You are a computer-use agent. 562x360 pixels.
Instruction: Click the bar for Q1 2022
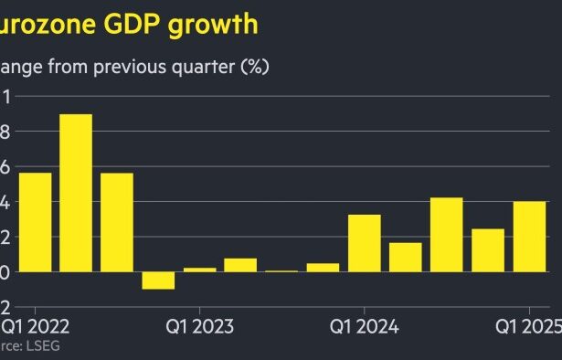(x=35, y=222)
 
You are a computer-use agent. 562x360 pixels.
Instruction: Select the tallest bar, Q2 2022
(x=76, y=193)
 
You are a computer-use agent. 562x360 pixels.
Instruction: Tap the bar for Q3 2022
(x=117, y=222)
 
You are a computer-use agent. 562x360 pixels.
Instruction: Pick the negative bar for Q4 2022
(x=158, y=281)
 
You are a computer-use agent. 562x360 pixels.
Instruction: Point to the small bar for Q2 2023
(x=240, y=265)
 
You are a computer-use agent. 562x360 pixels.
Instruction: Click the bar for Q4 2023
(x=323, y=267)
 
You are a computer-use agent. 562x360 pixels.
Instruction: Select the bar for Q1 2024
(x=365, y=243)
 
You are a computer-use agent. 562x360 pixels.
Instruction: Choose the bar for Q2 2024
(x=406, y=257)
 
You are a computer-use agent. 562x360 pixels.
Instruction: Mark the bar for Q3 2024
(x=446, y=235)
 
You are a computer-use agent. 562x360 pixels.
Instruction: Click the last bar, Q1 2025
(x=529, y=237)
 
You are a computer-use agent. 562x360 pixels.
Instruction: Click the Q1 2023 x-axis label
(x=199, y=325)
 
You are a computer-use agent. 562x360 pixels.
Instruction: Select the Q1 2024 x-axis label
(x=364, y=325)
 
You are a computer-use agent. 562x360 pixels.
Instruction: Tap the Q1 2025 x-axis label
(x=528, y=325)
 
